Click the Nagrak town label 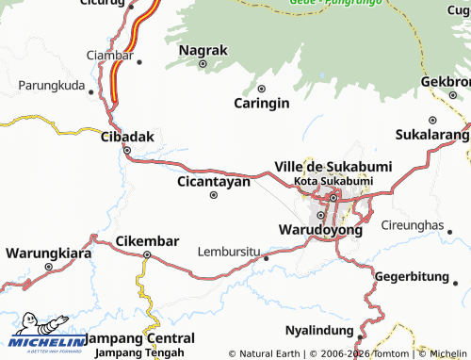(203, 49)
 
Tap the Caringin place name (262, 104)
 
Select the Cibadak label (126, 137)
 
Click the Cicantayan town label (214, 181)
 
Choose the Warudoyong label (319, 229)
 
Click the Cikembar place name (147, 241)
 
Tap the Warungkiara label (48, 253)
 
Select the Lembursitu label (228, 252)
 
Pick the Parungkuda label (51, 85)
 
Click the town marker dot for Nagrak (203, 64)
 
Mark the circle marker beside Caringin (262, 89)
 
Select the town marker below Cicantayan (214, 195)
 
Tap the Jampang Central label (140, 337)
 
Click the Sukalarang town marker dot (432, 120)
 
